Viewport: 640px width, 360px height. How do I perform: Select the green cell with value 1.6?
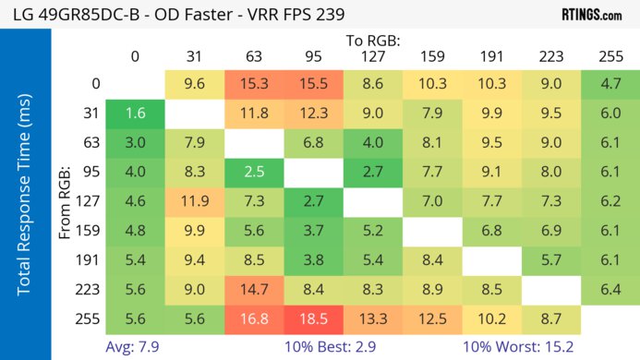pyautogui.click(x=135, y=114)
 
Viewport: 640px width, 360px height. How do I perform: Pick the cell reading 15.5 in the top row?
pyautogui.click(x=313, y=83)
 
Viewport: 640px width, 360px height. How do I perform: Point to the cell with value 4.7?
pyautogui.click(x=610, y=83)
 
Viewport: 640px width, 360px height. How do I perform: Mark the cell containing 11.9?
pyautogui.click(x=194, y=200)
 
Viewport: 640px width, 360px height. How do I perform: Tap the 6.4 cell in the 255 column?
pyautogui.click(x=610, y=289)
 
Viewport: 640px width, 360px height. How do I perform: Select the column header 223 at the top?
pyautogui.click(x=550, y=56)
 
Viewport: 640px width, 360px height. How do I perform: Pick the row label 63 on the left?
pyautogui.click(x=90, y=142)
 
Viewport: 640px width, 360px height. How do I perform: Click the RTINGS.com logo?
pyautogui.click(x=590, y=15)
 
